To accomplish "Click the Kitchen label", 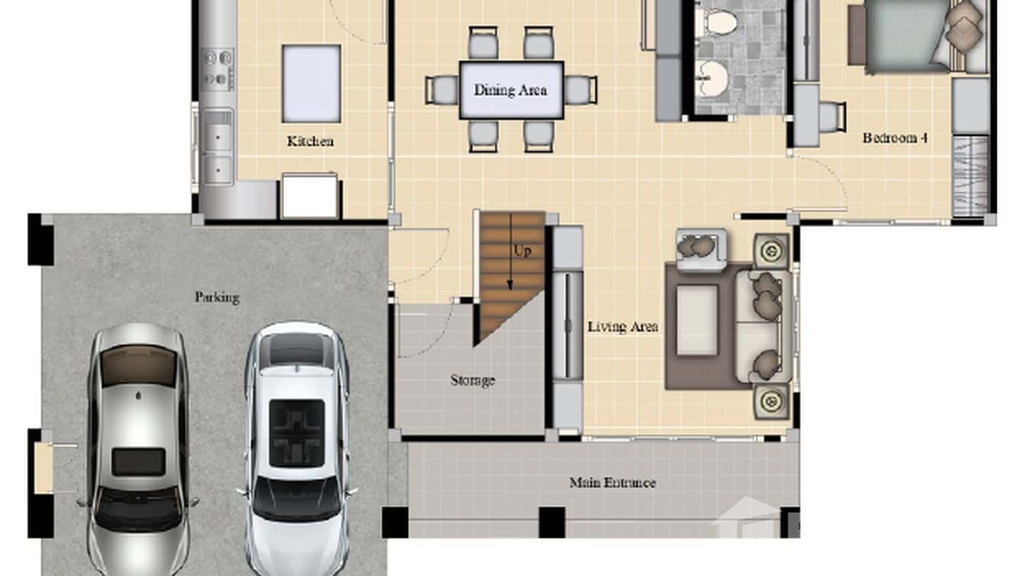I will [310, 141].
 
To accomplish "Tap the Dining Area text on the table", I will [510, 90].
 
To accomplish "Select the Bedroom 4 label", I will [895, 138].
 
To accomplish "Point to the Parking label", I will [217, 297].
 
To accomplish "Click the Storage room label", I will [472, 380].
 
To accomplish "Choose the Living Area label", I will [622, 327].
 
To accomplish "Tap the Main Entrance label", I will [612, 483].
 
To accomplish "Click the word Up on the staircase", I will [522, 251].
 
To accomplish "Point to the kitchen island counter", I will [311, 83].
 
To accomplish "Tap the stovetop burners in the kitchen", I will [218, 68].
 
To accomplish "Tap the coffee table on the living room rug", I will [697, 320].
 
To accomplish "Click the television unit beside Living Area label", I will [567, 325].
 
